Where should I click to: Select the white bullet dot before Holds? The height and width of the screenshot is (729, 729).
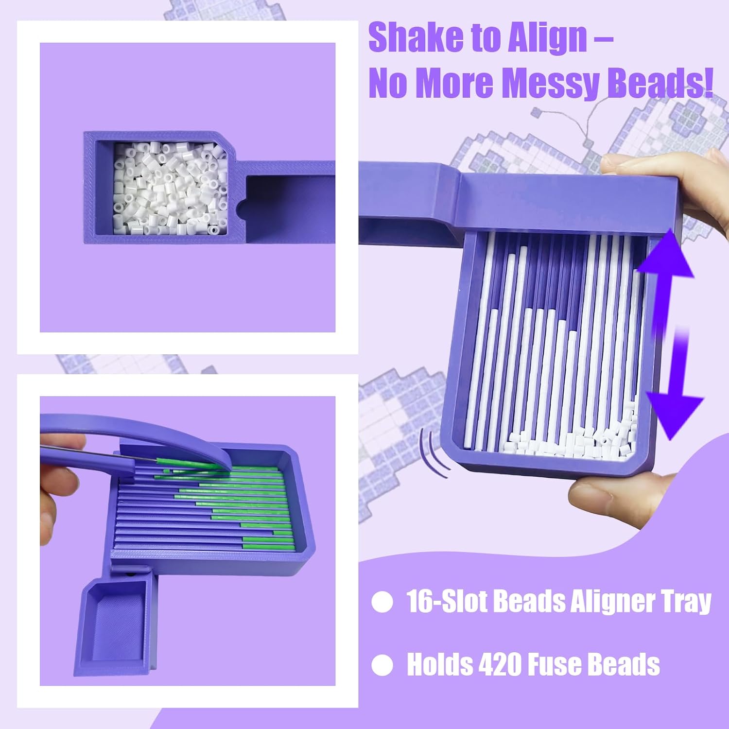(382, 665)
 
